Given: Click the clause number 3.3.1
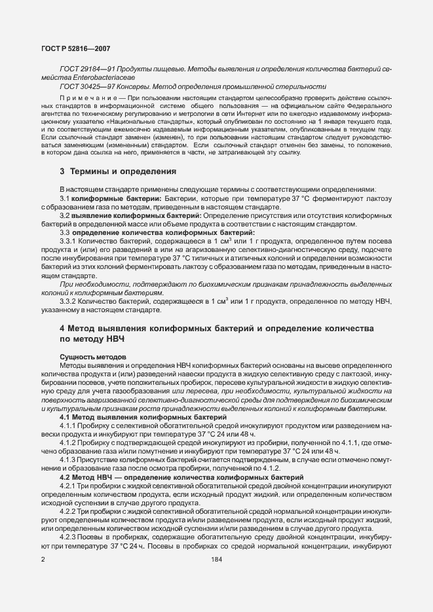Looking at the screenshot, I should (x=68, y=241).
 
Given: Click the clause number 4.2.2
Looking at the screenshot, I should (x=69, y=510).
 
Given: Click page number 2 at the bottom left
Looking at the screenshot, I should (x=42, y=560).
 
